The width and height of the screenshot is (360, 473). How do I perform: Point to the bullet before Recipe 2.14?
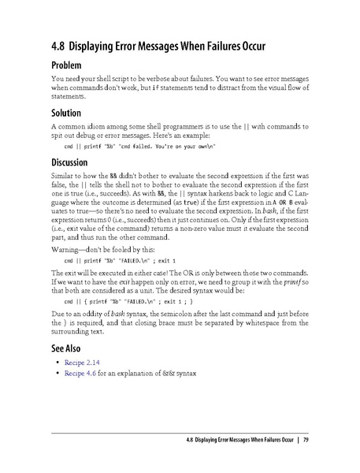click(58, 362)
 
